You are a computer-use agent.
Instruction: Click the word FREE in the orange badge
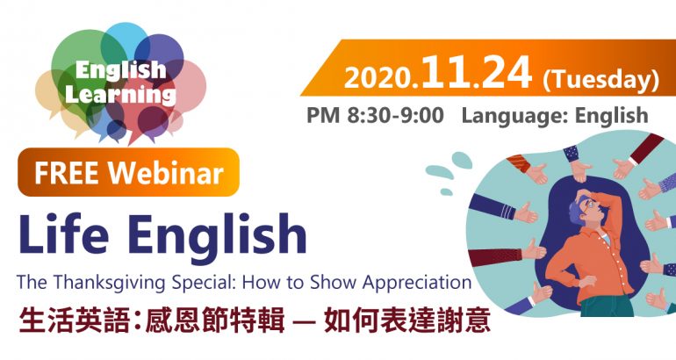pos(66,173)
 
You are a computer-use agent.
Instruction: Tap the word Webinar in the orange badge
pos(166,173)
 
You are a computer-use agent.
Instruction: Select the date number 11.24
pos(477,72)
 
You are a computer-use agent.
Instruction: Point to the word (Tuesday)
pos(601,80)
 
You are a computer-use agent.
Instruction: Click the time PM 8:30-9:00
pos(375,115)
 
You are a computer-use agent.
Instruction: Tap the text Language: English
pos(555,116)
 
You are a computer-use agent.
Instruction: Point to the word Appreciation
pos(417,284)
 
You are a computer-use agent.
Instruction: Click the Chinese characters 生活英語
pos(73,320)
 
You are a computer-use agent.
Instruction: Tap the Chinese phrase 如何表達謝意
pos(407,320)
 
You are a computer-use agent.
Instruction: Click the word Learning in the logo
pos(121,95)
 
